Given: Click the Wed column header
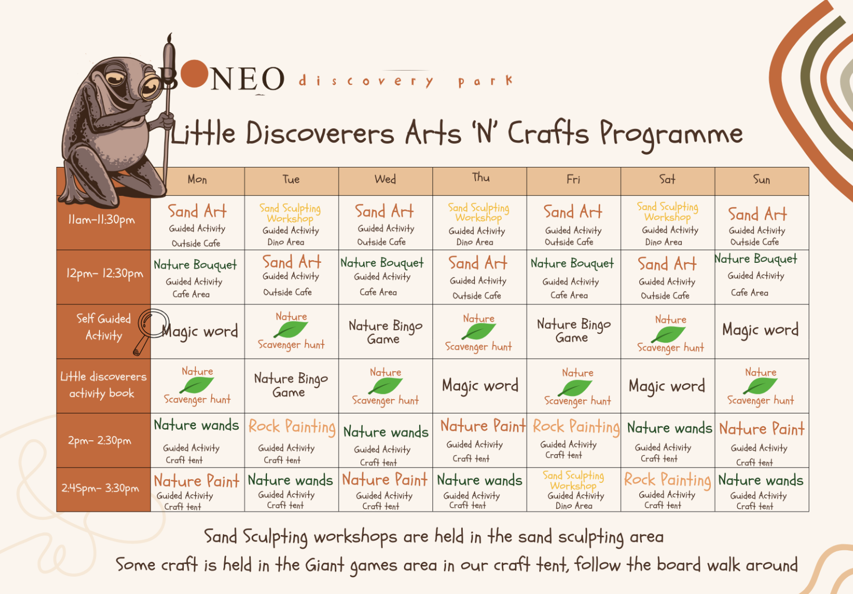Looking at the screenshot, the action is (385, 180).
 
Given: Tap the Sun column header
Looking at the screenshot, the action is (761, 180).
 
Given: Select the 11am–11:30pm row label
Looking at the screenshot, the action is (101, 220).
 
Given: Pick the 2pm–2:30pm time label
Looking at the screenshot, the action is (100, 441).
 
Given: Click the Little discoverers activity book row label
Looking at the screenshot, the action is (103, 385).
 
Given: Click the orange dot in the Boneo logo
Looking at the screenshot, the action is (194, 74).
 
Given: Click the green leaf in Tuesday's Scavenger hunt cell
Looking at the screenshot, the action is (291, 330).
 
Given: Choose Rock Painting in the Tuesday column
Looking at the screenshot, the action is (292, 427).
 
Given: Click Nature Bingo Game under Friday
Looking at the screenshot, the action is (573, 331).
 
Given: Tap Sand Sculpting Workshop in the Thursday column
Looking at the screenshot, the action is (479, 212).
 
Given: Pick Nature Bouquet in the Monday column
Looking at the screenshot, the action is (195, 265).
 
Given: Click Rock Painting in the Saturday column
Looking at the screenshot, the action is (667, 481).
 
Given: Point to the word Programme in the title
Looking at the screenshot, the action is (671, 135).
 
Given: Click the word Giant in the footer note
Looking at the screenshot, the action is (324, 565).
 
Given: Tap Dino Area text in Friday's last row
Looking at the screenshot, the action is (574, 506).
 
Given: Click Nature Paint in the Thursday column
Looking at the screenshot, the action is (483, 425).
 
